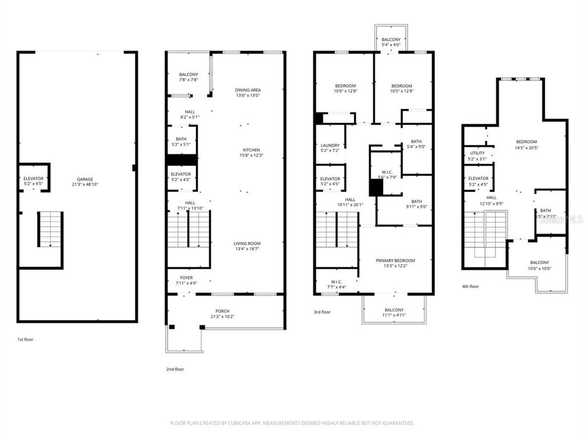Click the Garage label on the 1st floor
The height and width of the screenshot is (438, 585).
(x=85, y=179)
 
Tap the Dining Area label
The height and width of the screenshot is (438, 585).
(x=247, y=90)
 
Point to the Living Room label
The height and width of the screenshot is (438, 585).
(x=247, y=244)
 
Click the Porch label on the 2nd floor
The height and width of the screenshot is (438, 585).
(x=222, y=311)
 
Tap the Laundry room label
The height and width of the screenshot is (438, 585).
(x=330, y=145)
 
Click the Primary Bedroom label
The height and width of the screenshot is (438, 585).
(x=395, y=261)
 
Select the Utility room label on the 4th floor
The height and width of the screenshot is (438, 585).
(x=477, y=153)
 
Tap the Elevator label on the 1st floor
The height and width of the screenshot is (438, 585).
(x=33, y=179)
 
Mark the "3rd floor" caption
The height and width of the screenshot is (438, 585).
(x=322, y=312)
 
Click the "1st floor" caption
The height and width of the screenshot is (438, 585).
(x=25, y=339)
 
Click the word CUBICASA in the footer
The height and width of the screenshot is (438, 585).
(x=246, y=423)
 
